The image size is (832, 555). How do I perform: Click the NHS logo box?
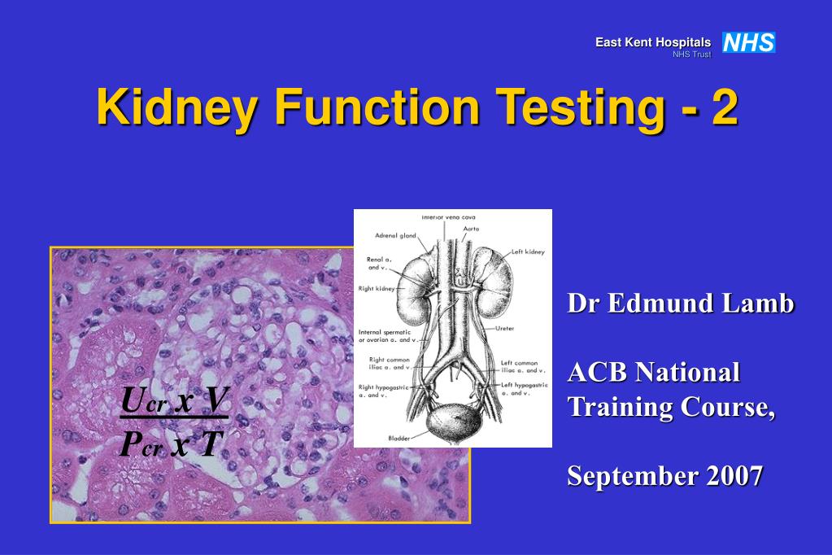click(748, 42)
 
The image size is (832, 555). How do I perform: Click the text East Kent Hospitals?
click(652, 42)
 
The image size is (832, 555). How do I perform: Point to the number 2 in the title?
click(725, 107)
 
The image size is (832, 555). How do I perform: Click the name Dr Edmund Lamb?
click(680, 304)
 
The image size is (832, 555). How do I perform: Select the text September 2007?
click(664, 475)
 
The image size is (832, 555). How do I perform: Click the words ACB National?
click(653, 372)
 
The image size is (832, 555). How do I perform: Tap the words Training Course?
click(671, 405)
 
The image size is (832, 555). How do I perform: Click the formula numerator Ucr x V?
click(175, 400)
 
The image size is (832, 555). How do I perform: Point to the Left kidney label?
click(528, 252)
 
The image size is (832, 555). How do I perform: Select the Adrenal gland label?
click(395, 235)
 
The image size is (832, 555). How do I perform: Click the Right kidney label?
click(376, 288)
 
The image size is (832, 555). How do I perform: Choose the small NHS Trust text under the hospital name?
click(691, 55)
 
